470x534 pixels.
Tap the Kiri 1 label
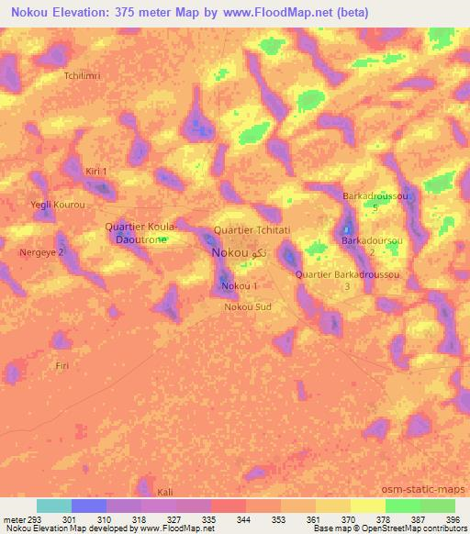pyautogui.click(x=96, y=172)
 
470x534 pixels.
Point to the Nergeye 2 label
pyautogui.click(x=42, y=251)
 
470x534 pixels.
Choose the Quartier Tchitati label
pyautogui.click(x=252, y=229)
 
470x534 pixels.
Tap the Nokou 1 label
pyautogui.click(x=240, y=286)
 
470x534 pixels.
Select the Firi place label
pyautogui.click(x=62, y=365)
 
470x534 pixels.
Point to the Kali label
pyautogui.click(x=165, y=492)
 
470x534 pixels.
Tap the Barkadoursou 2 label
pyautogui.click(x=372, y=245)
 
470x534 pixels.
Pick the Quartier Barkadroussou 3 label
pyautogui.click(x=346, y=280)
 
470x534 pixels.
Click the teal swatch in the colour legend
pyautogui.click(x=54, y=506)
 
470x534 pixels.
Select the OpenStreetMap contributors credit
pyautogui.click(x=409, y=528)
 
